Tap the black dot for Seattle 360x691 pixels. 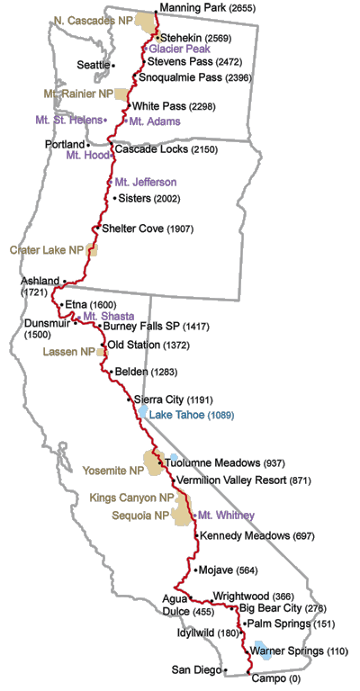coord(115,65)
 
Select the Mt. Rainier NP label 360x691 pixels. coord(79,93)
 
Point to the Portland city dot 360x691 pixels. coord(88,144)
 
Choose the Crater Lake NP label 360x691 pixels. coord(47,249)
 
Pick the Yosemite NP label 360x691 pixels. coord(113,471)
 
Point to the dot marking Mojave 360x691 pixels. coord(195,570)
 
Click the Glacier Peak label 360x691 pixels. coord(179,49)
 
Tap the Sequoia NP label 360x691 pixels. coord(137,516)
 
